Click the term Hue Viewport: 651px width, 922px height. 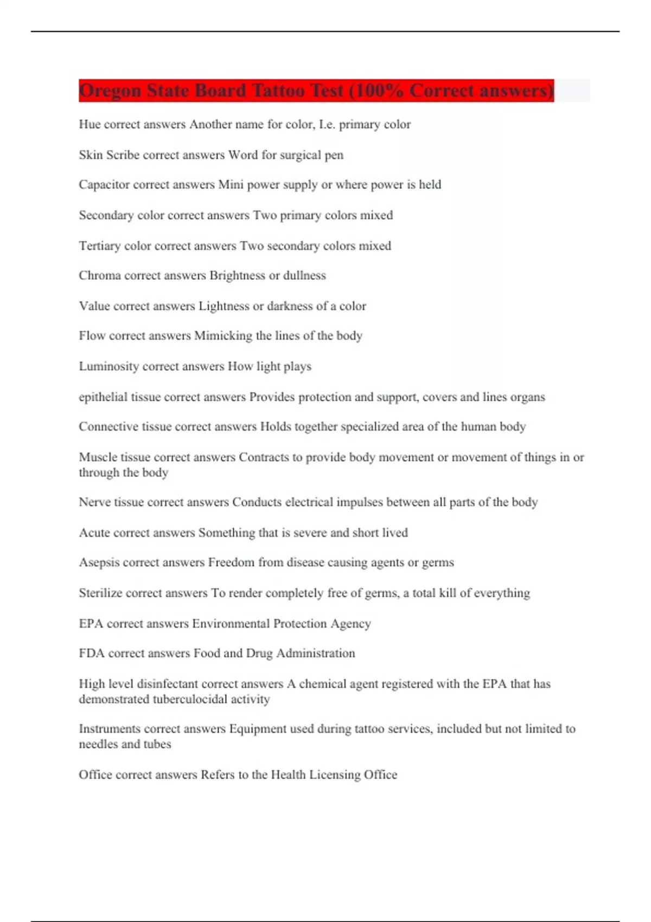click(x=90, y=124)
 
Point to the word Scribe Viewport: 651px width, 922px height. click(x=123, y=155)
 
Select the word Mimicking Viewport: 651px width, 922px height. click(x=223, y=336)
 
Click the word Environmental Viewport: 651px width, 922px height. click(x=231, y=624)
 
